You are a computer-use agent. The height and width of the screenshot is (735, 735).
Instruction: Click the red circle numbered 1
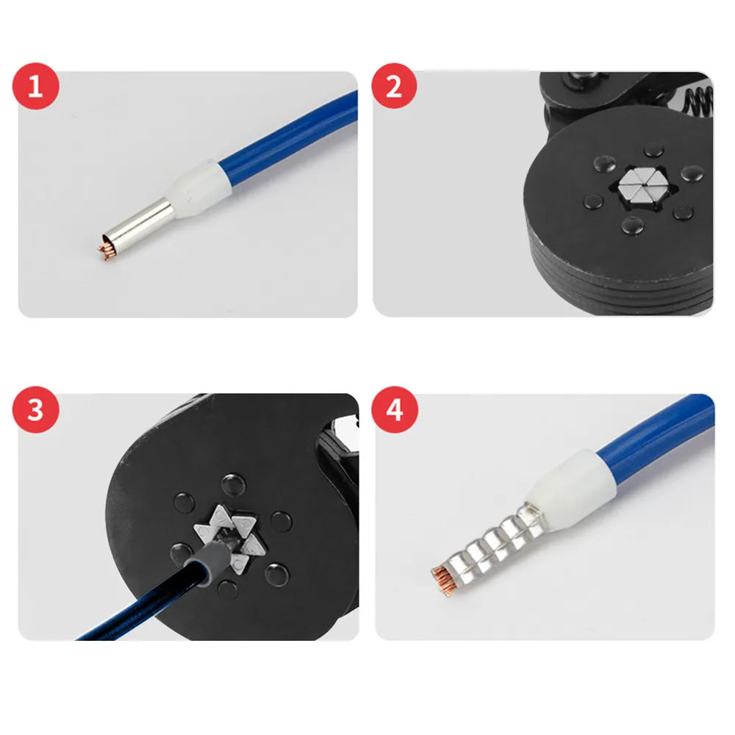35,86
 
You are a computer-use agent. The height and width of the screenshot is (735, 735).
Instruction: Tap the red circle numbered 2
394,86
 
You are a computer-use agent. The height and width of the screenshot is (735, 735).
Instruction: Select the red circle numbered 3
35,409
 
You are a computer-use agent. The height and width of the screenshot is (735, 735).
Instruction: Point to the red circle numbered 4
394,409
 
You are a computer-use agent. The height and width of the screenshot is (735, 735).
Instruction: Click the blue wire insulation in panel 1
291,128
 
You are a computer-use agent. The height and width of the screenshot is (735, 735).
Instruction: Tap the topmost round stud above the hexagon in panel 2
653,151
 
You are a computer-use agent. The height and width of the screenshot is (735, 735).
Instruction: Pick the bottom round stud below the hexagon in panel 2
633,226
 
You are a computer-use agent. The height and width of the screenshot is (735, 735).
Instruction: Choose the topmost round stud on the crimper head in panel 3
233,484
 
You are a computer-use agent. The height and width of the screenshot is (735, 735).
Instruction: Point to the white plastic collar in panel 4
570,484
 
